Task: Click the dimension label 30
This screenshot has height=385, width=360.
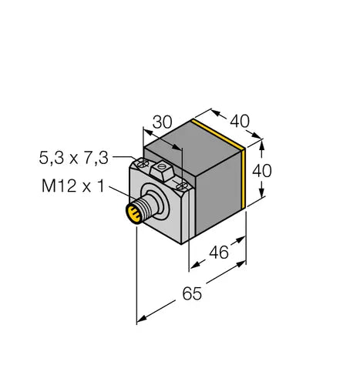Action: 162,122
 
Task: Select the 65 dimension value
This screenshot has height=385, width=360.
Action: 192,293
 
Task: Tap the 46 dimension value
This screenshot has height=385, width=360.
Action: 219,253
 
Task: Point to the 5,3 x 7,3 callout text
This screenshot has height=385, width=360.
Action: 74,158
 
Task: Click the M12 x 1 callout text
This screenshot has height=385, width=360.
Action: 73,186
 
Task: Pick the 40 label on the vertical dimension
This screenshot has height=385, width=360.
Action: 262,171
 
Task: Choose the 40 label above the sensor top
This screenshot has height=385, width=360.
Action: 240,121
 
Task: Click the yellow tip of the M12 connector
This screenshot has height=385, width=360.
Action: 133,213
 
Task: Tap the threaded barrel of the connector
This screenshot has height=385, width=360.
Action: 148,206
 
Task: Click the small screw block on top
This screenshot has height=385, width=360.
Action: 162,170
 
